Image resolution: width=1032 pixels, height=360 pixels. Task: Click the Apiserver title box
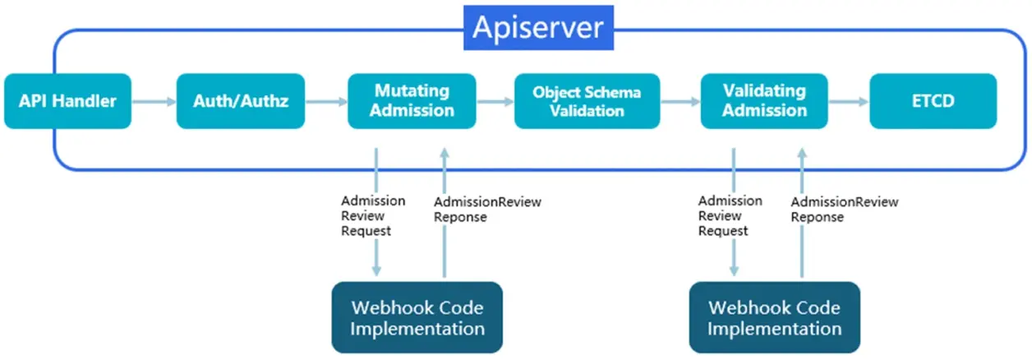pos(537,29)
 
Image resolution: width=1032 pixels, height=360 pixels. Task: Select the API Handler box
pos(67,101)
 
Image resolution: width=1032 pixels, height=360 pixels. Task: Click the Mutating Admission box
pos(412,100)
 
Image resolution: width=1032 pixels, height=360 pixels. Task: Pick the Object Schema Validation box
pos(587,101)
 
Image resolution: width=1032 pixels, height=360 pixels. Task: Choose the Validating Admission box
pos(764,100)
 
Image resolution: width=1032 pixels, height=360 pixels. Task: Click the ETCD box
pos(933,101)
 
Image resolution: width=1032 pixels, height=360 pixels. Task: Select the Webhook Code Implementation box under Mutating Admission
pos(417,318)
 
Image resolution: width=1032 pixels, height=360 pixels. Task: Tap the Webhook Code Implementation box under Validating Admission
pos(774,318)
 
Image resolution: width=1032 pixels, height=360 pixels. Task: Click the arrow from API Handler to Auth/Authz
pos(154,102)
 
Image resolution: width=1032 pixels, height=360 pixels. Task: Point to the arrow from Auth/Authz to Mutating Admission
pos(325,102)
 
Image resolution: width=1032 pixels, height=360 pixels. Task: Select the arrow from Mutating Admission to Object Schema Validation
pos(495,102)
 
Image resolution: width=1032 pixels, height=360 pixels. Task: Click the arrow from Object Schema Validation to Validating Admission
pos(680,102)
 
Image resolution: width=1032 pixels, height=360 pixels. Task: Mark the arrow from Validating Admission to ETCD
pos(849,102)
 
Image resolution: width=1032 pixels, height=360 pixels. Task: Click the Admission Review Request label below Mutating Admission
pos(372,216)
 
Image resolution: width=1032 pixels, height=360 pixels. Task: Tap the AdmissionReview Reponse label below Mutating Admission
pos(487,210)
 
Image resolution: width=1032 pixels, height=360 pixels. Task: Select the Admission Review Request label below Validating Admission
pos(730,216)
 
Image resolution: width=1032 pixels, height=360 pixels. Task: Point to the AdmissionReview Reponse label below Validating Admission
pos(844,210)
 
